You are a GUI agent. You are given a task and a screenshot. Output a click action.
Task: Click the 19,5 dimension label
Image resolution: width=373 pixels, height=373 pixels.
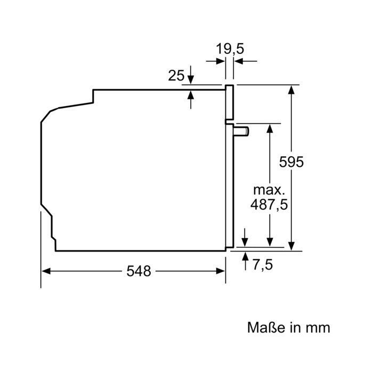pos(230,49)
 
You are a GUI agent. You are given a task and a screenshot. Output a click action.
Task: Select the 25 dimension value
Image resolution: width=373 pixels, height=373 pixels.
pos(176,76)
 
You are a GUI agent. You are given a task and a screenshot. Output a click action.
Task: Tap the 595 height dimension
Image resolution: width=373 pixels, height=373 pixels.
pos(291,162)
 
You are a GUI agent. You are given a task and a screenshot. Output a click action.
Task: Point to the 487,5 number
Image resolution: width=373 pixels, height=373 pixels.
pos(269,204)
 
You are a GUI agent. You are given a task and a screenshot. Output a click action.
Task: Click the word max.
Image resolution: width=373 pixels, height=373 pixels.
pos(269,190)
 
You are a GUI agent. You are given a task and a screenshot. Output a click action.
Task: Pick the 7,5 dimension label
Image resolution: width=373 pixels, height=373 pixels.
pos(262,265)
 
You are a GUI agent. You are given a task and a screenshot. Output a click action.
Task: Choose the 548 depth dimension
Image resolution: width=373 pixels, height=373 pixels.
pos(139,271)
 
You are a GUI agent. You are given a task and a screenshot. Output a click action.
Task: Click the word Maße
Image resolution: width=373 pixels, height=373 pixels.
pos(266,327)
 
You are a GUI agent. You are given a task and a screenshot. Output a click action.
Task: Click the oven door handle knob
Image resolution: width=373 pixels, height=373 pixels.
pos(241,131)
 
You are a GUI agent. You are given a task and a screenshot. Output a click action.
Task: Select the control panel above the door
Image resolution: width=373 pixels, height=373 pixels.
pos(230,102)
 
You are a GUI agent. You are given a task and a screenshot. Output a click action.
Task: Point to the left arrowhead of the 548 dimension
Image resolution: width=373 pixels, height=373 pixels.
pos(46,271)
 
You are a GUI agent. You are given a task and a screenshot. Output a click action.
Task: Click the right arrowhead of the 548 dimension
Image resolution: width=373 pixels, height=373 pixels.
pos(220,271)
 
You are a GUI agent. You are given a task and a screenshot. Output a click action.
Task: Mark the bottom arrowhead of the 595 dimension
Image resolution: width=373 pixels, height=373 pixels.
pos(291,246)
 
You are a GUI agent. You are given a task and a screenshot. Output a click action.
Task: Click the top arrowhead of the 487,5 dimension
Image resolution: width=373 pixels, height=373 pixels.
pos(270,128)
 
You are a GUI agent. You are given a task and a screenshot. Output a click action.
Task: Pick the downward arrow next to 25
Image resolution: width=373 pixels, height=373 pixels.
pos(191,75)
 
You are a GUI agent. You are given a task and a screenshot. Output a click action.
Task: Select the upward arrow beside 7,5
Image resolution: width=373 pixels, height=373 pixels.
pos(245,261)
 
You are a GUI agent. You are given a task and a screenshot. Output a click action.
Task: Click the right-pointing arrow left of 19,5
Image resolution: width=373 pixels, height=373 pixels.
pos(215,61)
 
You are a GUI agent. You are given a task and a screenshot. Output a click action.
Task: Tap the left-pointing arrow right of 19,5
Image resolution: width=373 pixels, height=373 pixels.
pos(246,61)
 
